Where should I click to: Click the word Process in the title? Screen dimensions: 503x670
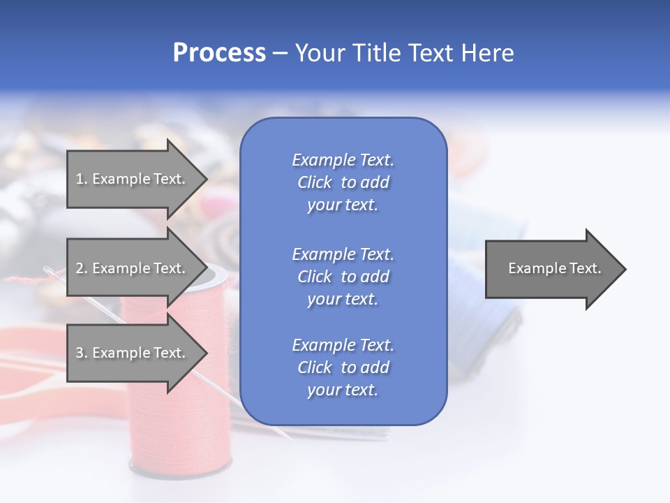(x=219, y=53)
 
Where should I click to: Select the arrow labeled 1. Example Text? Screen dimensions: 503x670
(x=131, y=179)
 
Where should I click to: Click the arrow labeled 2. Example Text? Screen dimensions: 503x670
(x=131, y=268)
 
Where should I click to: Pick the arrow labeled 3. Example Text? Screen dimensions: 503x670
(x=131, y=353)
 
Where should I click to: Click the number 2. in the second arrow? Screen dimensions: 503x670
(x=82, y=268)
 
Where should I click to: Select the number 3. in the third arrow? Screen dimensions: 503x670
(x=82, y=353)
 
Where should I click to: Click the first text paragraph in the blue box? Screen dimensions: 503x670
(x=343, y=182)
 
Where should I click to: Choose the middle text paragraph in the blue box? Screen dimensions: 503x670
(x=343, y=277)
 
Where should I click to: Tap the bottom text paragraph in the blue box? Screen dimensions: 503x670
(x=343, y=367)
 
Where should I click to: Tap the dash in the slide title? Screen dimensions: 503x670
(x=280, y=54)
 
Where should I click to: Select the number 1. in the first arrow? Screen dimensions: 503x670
(x=81, y=179)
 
